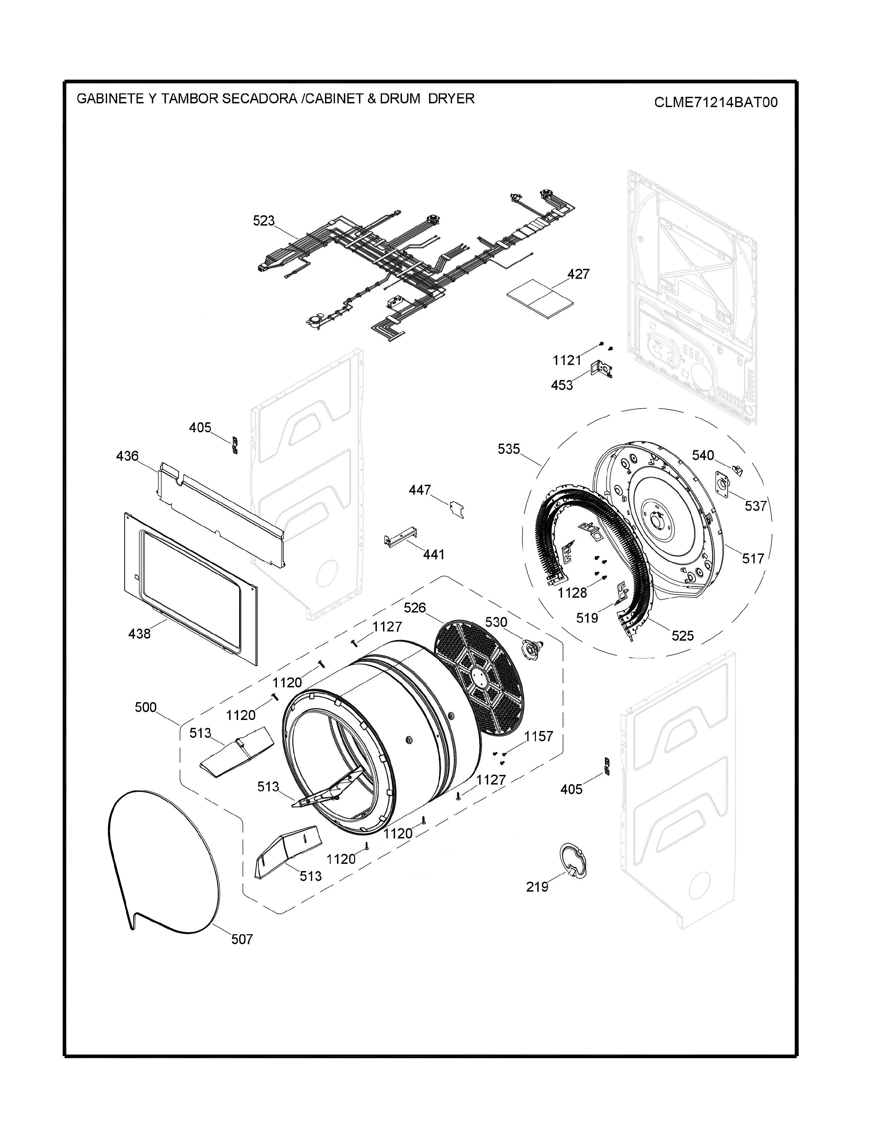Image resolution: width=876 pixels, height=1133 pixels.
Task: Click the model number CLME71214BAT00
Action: tap(716, 102)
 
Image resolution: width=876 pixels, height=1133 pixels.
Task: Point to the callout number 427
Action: tap(578, 274)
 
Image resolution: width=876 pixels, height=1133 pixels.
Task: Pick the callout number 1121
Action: tap(567, 360)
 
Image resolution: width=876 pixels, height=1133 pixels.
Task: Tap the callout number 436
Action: tap(127, 456)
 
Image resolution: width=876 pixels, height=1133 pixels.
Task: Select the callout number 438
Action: tap(139, 633)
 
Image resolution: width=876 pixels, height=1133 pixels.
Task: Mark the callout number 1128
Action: tap(572, 593)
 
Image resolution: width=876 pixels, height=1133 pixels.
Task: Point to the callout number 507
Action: tap(242, 939)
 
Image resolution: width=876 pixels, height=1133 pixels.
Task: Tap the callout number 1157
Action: tap(539, 736)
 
